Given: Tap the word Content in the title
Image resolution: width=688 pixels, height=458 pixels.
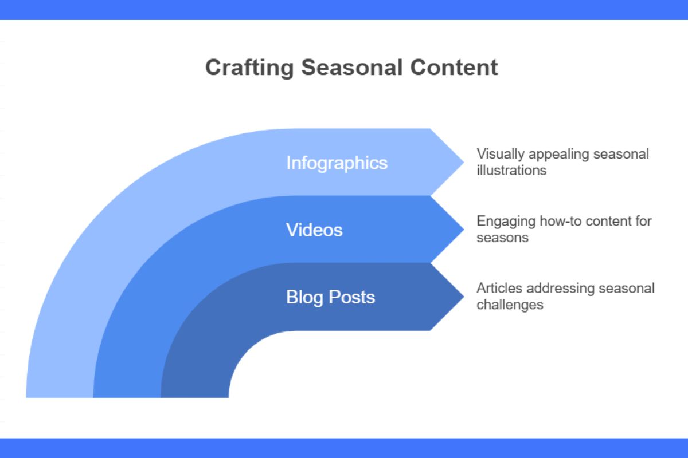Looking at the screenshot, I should [454, 68].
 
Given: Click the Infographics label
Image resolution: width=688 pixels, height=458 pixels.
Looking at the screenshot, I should [337, 163].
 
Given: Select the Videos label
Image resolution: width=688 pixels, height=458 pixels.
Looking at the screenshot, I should [314, 230].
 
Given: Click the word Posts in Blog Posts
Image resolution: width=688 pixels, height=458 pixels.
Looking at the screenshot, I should [352, 297].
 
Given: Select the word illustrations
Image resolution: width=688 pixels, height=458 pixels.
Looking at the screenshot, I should [511, 170].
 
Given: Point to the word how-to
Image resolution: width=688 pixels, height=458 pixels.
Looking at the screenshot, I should [554, 221].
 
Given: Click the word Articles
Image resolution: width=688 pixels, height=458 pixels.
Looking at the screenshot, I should [494, 288].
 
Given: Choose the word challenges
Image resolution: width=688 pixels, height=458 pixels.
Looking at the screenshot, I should [510, 304].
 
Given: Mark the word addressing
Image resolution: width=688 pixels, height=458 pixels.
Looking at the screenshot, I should [546, 288].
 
